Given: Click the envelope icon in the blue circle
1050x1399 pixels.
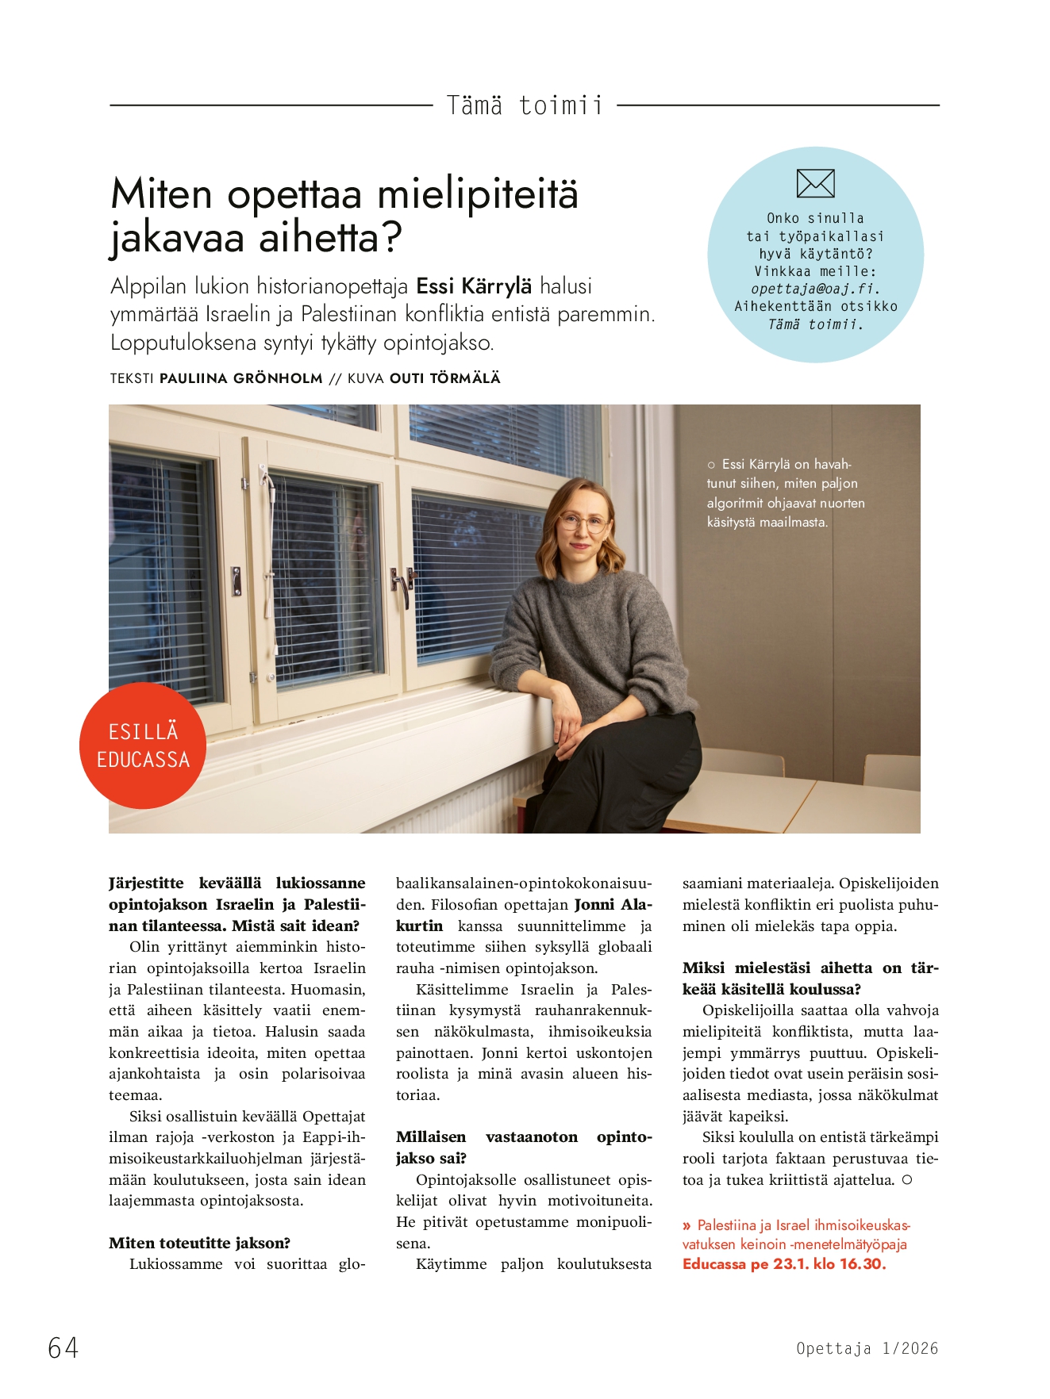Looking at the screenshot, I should coord(815,183).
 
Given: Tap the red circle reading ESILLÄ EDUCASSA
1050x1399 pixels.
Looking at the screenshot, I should coord(143,745).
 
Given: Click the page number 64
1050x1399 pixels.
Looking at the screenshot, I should coord(63,1347).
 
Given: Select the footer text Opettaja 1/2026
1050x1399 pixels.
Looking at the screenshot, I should coord(867,1348).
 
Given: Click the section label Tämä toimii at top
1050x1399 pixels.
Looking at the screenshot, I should coord(525,105).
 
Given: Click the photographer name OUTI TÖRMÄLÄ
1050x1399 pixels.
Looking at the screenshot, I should coord(444,378).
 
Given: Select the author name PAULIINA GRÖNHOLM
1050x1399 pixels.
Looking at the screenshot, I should coord(240,378).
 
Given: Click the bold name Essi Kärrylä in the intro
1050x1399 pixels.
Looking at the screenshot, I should coord(474,286).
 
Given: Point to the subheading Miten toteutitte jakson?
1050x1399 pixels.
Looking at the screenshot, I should coord(199,1243).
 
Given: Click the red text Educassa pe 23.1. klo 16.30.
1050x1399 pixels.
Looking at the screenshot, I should coord(783,1264).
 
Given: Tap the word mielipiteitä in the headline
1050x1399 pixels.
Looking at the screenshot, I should coord(477,194).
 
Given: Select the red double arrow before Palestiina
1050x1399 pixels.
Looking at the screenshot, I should coord(687,1225).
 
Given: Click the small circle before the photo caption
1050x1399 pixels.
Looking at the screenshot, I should coord(711,465).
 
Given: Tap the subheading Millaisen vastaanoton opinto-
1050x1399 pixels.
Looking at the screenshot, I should coord(524,1136).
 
